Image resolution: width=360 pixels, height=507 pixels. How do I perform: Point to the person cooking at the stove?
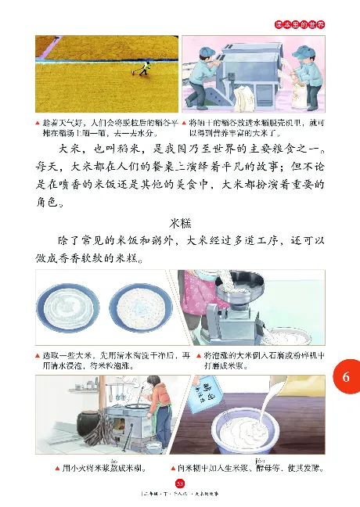(149, 407)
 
